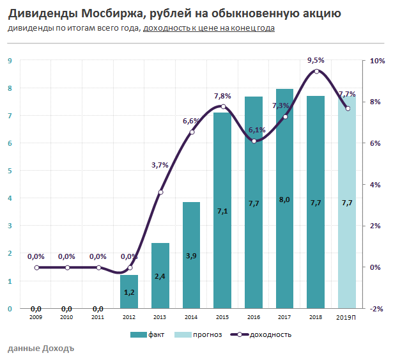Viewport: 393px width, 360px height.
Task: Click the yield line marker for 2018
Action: [316, 71]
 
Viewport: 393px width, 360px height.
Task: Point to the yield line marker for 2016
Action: [254, 141]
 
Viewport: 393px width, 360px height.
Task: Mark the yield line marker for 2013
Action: [160, 192]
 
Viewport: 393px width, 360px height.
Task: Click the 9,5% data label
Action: [316, 60]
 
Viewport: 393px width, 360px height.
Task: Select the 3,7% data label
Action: [160, 165]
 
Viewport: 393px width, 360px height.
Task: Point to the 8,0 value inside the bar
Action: [285, 200]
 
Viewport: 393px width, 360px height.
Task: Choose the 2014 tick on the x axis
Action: [192, 316]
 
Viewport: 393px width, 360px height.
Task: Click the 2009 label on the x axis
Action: [36, 316]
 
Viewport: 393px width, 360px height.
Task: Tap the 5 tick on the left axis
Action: [10, 171]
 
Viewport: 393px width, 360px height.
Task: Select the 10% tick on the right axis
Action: [377, 61]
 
